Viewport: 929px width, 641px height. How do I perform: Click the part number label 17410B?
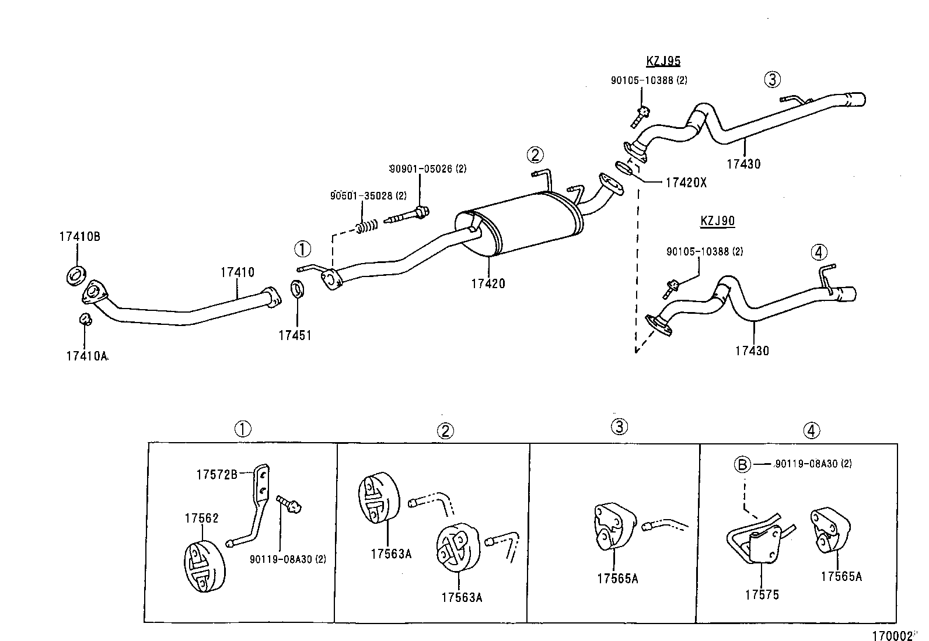pos(79,237)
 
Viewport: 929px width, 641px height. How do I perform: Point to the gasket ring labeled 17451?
pos(298,288)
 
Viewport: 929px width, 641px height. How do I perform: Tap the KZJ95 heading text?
pos(663,61)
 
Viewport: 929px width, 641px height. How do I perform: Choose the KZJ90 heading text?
pos(717,221)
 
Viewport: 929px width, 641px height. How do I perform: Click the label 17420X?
pos(686,183)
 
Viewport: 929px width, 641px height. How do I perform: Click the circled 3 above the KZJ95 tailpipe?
pos(772,79)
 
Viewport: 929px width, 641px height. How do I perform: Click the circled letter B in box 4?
pos(742,465)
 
